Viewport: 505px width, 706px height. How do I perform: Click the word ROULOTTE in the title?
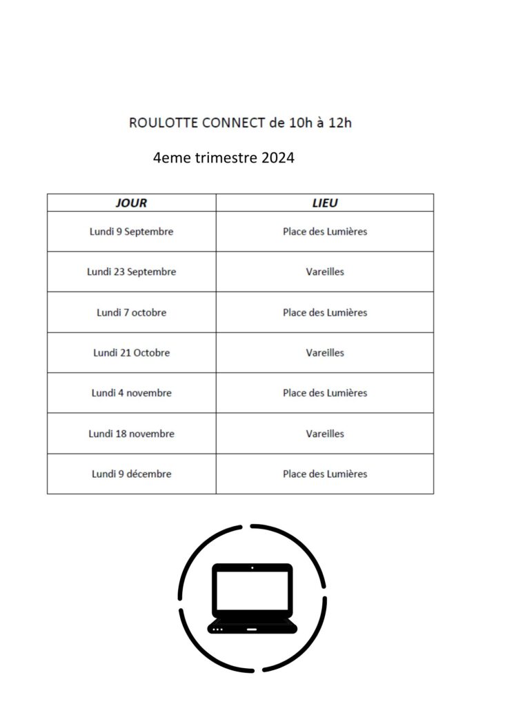[x=164, y=123]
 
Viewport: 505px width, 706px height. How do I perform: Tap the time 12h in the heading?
[x=339, y=123]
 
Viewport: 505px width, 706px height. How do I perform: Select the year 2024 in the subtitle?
[x=278, y=158]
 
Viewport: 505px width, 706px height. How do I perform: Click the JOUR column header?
[x=131, y=203]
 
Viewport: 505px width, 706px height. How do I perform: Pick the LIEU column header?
[x=325, y=203]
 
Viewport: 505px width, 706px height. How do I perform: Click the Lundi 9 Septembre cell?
[x=132, y=232]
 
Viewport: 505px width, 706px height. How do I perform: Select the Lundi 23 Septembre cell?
[x=132, y=272]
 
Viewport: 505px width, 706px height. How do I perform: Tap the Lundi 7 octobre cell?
[x=132, y=312]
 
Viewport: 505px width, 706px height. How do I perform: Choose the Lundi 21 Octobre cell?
[x=132, y=352]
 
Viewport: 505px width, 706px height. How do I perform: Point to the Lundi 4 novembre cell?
[x=132, y=393]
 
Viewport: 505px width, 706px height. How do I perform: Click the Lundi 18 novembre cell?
[x=132, y=434]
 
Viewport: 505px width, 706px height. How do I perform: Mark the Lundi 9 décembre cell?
[x=132, y=474]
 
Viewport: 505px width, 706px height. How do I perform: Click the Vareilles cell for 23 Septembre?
[x=325, y=272]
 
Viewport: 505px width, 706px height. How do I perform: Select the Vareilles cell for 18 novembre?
[x=325, y=434]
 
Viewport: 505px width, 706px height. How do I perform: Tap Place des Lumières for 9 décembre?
[x=325, y=474]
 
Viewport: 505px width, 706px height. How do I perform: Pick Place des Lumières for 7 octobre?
[x=325, y=312]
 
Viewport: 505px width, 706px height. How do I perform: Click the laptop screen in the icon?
[x=253, y=590]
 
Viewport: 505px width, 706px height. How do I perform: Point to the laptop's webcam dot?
[x=253, y=568]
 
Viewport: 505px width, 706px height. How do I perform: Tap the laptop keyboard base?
[x=253, y=627]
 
